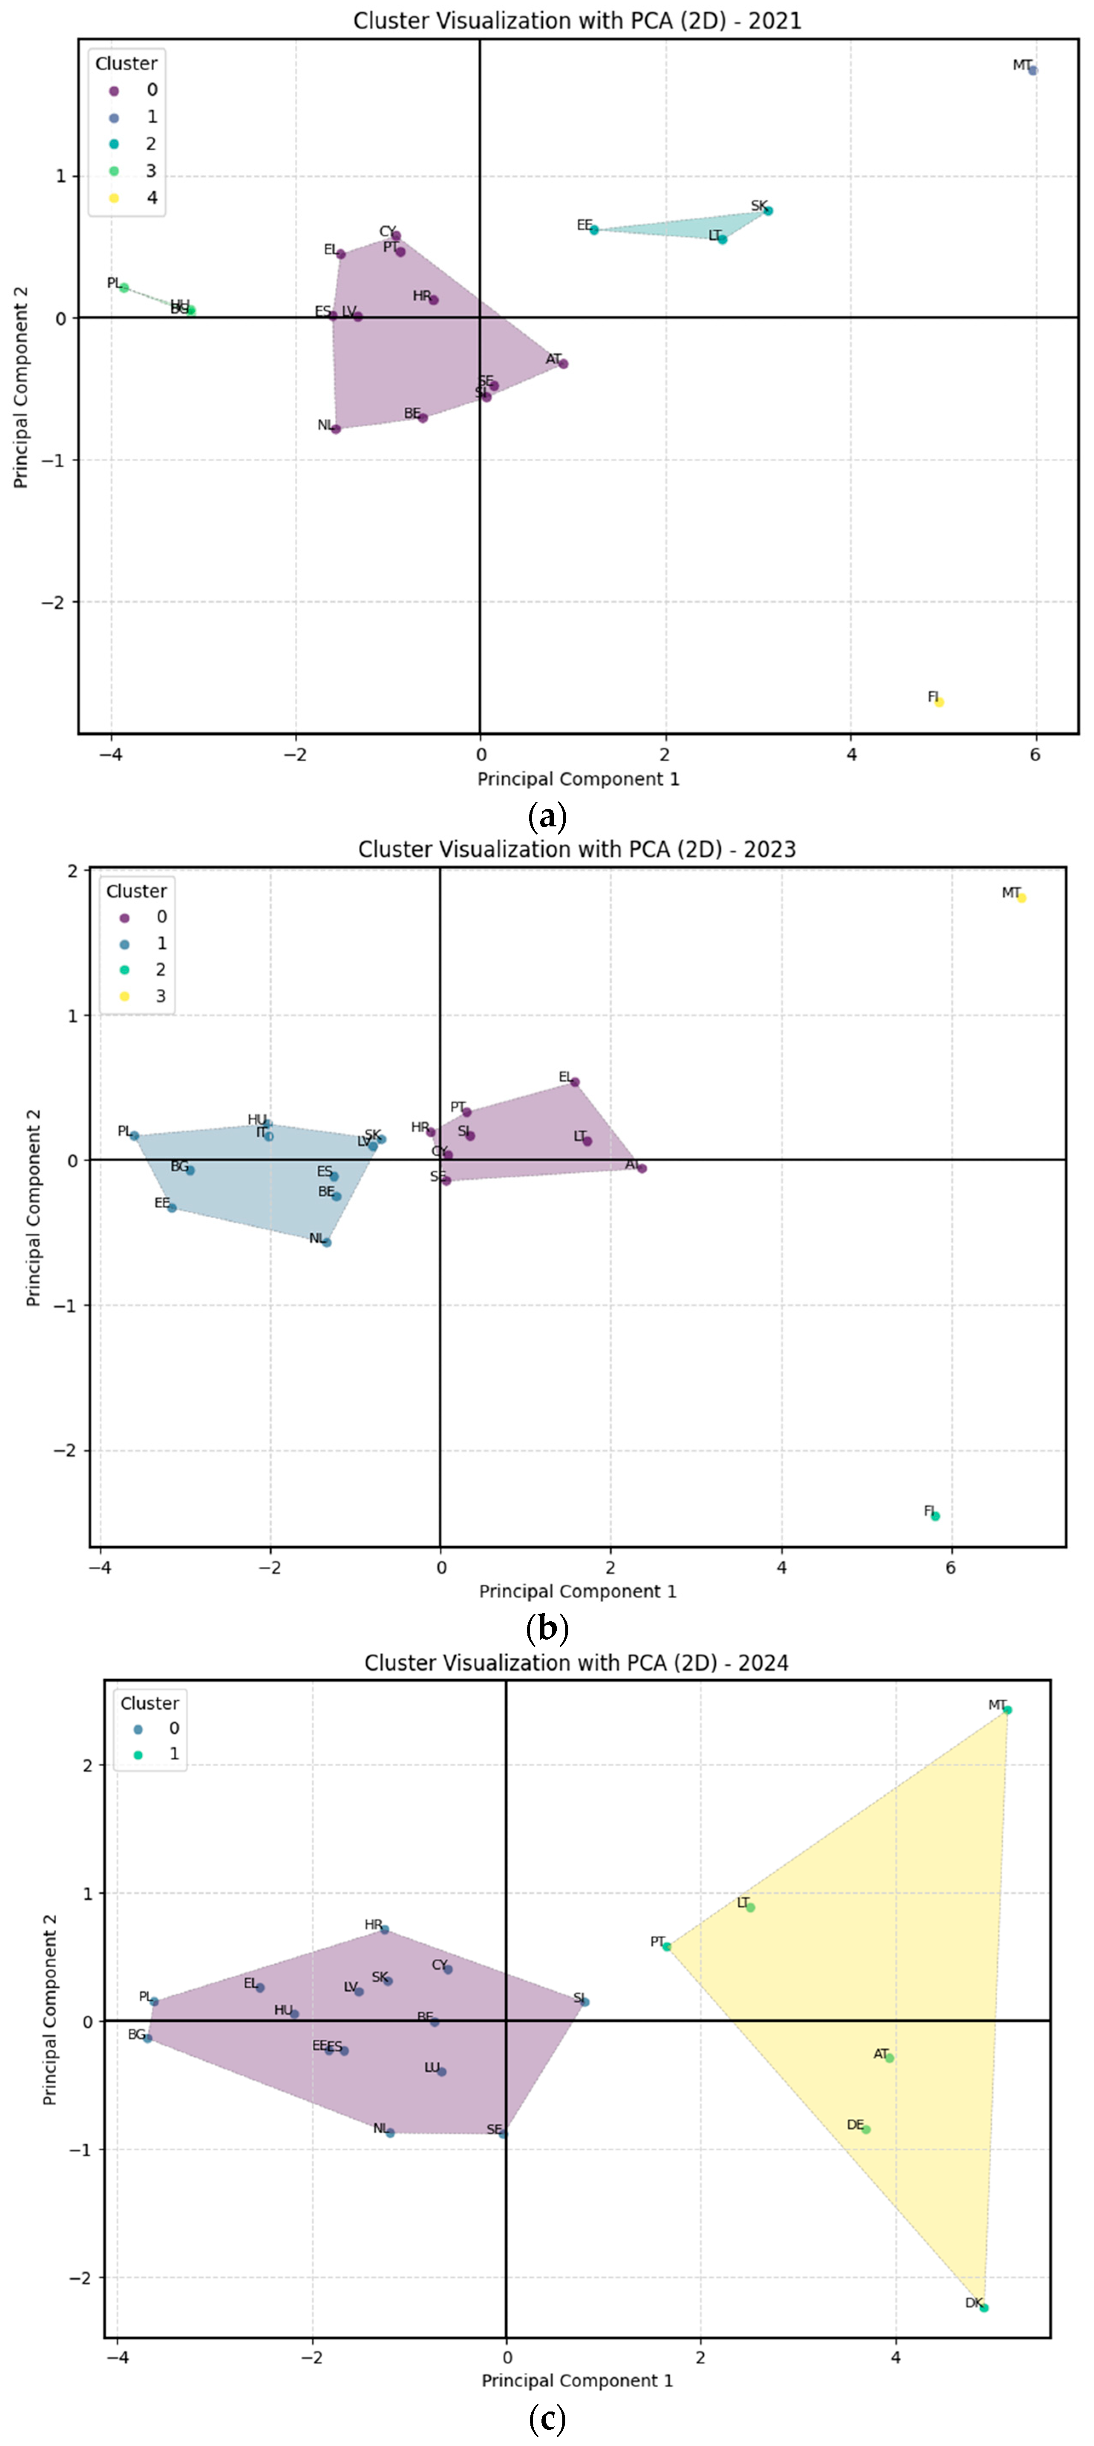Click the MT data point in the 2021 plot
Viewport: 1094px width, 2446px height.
[x=1032, y=70]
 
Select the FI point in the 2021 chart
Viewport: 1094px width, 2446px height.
[x=938, y=702]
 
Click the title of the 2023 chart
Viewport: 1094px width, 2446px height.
[x=576, y=849]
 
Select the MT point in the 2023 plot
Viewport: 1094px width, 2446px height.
[x=1021, y=897]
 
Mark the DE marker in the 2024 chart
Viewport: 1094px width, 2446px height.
[x=865, y=2129]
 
